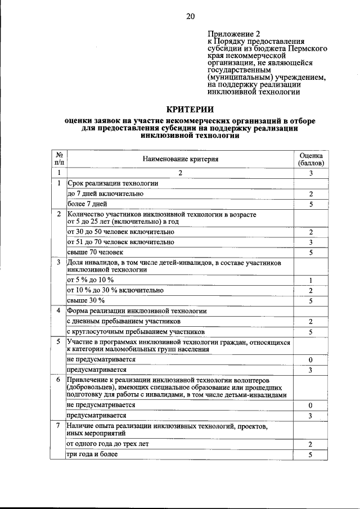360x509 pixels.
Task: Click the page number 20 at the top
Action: (190, 16)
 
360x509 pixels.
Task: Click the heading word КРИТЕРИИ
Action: (190, 109)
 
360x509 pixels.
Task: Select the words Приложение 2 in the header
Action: (229, 34)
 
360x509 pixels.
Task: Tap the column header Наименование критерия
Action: (180, 159)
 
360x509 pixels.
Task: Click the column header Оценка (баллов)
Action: (310, 159)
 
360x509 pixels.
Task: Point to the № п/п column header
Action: (58, 159)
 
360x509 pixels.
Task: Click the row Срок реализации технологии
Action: (112, 183)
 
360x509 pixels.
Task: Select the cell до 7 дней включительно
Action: (105, 193)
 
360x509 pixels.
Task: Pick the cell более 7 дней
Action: (87, 204)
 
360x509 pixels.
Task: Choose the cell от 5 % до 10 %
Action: (91, 280)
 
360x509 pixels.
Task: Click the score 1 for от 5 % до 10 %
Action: (310, 280)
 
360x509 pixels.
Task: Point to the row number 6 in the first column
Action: (58, 380)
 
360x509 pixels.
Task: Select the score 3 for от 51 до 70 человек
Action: (310, 242)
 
